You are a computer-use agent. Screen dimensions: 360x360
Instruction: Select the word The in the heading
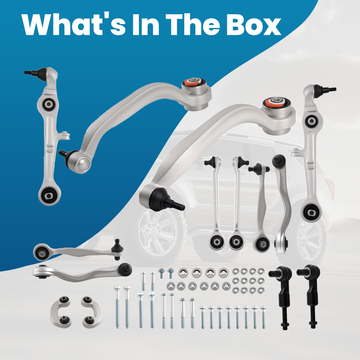click(x=192, y=24)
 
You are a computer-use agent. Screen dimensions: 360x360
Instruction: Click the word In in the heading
click(x=145, y=24)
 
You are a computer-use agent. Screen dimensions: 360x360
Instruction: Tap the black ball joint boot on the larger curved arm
click(x=158, y=199)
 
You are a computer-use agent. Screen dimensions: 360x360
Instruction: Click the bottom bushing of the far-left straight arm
click(x=49, y=195)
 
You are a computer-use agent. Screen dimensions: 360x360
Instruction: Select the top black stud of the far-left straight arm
click(x=35, y=73)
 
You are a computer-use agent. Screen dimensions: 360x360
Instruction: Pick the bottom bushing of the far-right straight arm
click(x=311, y=213)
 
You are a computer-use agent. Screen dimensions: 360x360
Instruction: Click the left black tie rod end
click(x=283, y=296)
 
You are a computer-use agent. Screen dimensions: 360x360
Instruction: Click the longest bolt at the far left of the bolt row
click(x=117, y=307)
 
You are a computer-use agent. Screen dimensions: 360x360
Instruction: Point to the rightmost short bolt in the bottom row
click(x=263, y=317)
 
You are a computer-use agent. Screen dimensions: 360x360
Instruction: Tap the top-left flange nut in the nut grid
click(x=235, y=271)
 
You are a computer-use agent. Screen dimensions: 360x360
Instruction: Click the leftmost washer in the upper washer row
click(x=183, y=273)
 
